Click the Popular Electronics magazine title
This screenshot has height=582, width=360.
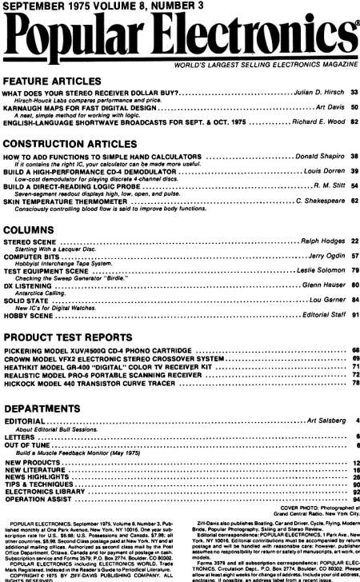pos(180,36)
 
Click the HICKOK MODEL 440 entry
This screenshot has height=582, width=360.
pos(87,384)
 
